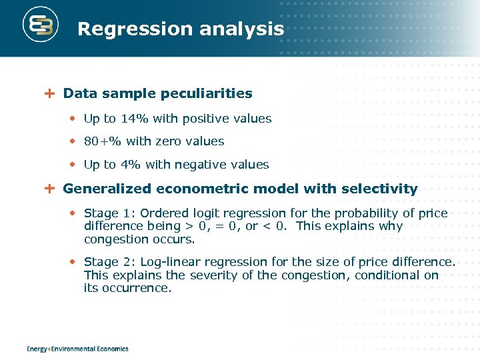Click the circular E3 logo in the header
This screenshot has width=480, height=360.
pyautogui.click(x=41, y=26)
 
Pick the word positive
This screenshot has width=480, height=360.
pyautogui.click(x=201, y=119)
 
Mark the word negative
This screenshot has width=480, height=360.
pyautogui.click(x=201, y=165)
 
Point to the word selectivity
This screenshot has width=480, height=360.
pyautogui.click(x=379, y=189)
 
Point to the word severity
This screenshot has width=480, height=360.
pyautogui.click(x=213, y=275)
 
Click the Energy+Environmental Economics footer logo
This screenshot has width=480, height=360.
pyautogui.click(x=77, y=349)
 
